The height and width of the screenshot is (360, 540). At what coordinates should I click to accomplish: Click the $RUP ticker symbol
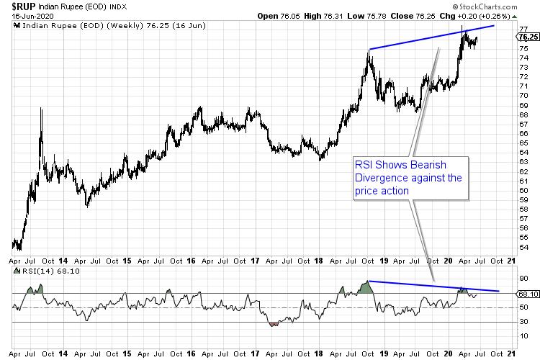[24, 6]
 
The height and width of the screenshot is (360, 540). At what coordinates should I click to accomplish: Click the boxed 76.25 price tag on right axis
[528, 36]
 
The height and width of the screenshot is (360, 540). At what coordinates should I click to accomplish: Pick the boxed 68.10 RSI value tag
[528, 294]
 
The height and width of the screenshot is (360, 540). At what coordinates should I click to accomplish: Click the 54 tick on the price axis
[523, 247]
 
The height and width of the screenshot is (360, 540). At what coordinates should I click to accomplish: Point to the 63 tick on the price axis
[523, 161]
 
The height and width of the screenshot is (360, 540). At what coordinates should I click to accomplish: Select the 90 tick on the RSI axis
[523, 279]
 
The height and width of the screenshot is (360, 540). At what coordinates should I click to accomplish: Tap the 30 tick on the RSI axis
[523, 322]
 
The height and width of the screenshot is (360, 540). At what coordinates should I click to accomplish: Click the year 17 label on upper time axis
[256, 262]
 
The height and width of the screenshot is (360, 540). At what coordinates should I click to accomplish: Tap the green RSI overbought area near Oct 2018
[366, 288]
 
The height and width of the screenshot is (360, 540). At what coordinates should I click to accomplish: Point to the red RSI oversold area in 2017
[273, 324]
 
